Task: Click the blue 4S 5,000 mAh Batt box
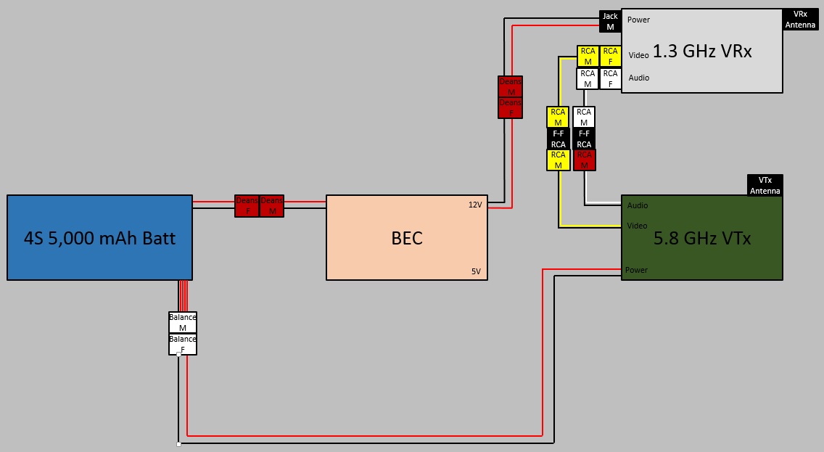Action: (99, 237)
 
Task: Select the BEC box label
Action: (406, 238)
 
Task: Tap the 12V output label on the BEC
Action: (475, 205)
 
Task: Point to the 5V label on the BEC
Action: (476, 271)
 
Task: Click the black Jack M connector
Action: (610, 21)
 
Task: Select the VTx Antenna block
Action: (765, 185)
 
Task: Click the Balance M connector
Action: (183, 322)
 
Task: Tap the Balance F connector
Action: (183, 344)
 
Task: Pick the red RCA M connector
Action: (584, 160)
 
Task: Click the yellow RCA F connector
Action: (610, 56)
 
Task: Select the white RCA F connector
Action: (610, 78)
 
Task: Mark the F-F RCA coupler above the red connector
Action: (584, 139)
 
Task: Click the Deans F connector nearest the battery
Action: (247, 205)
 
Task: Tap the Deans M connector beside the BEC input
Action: (272, 205)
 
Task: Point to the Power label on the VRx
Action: (638, 20)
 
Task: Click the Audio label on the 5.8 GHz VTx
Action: (638, 205)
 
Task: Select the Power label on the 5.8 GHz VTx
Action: (636, 270)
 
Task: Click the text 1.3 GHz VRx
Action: (702, 52)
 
